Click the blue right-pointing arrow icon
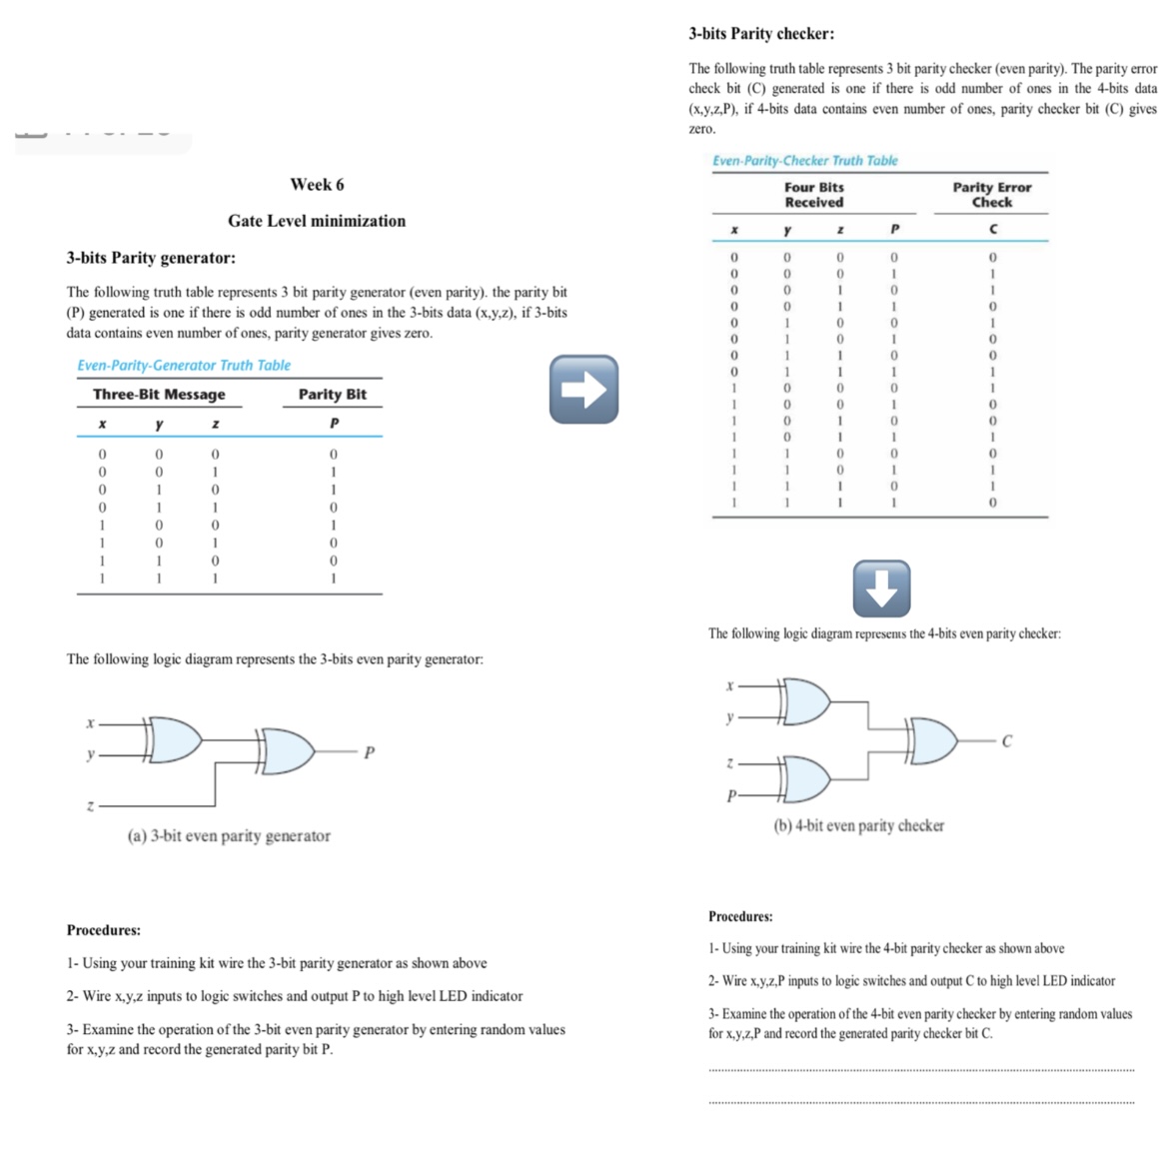(x=584, y=388)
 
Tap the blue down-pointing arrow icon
(x=881, y=587)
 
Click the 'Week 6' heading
(x=317, y=184)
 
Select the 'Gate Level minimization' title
(x=317, y=221)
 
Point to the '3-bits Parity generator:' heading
(x=151, y=258)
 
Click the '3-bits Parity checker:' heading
(x=761, y=34)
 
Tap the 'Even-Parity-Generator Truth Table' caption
(x=184, y=366)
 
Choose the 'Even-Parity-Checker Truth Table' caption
(x=805, y=160)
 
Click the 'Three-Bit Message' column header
(x=159, y=395)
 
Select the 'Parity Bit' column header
(x=333, y=395)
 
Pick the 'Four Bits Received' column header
(x=813, y=195)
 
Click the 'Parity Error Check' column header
(x=991, y=195)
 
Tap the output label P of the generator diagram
(x=370, y=752)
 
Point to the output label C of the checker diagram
(x=1006, y=741)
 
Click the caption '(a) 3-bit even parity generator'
(x=229, y=836)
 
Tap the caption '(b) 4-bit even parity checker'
(x=859, y=826)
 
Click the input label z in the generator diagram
(x=90, y=806)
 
